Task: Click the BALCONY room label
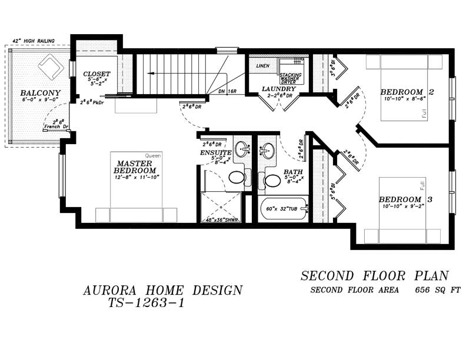coord(41,93)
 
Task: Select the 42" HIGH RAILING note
coord(34,41)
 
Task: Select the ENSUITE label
coord(215,153)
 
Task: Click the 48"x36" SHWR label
coord(221,219)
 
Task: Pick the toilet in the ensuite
coord(237,177)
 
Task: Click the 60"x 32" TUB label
coord(282,208)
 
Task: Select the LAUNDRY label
coord(278,89)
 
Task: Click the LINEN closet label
coord(262,66)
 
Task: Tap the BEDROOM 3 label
coord(405,199)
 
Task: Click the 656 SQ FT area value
coord(437,290)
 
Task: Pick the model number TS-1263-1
coord(147,304)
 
